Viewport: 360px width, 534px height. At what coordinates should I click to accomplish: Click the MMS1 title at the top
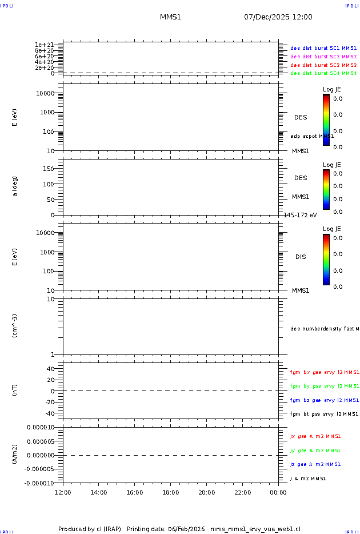pos(170,17)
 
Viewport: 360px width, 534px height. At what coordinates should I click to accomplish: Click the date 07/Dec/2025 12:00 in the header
pos(278,17)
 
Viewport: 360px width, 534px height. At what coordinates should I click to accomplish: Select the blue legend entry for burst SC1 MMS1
pos(323,49)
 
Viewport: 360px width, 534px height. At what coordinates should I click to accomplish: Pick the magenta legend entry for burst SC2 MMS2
pos(323,57)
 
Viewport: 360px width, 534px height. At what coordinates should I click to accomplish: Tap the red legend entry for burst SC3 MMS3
pos(323,65)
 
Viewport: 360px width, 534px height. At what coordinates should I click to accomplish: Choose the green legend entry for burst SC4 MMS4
pos(323,73)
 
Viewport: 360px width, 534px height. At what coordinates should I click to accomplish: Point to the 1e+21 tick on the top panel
pos(44,45)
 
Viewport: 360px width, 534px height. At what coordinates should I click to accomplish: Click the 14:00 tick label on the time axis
pos(99,492)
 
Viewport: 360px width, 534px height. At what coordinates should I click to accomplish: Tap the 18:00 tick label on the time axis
pos(171,492)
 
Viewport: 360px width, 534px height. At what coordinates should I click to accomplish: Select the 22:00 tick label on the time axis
pos(242,492)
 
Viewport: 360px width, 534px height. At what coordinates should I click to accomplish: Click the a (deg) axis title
pos(15,186)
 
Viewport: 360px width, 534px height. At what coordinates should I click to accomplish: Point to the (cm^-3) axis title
pos(15,325)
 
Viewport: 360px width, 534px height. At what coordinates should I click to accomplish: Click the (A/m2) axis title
pos(15,455)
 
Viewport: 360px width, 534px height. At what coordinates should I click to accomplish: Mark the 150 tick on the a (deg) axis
pos(48,169)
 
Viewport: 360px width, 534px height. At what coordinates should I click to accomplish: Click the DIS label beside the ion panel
pos(301,257)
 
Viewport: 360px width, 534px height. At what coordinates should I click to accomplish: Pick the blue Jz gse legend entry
pos(315,464)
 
